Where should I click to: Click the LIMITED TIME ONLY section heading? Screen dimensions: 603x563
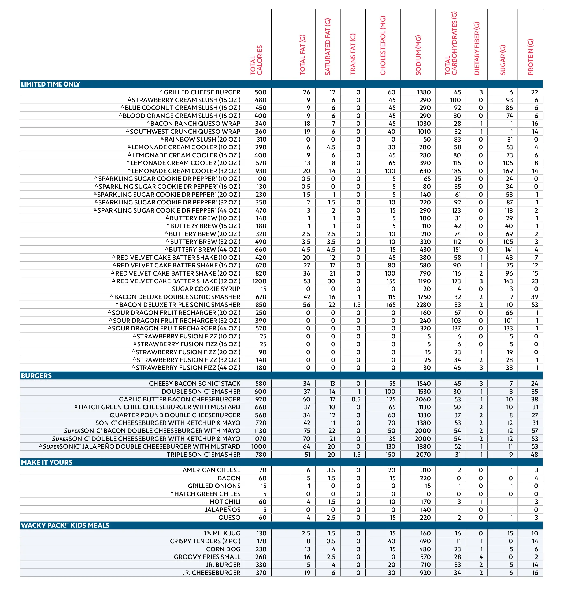tap(50, 84)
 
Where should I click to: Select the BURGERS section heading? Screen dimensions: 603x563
tap(36, 376)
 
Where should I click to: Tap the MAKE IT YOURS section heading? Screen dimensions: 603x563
tap(46, 462)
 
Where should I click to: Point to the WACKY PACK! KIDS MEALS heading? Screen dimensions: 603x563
tap(65, 525)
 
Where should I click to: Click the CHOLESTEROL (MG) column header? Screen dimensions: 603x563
tap(383, 46)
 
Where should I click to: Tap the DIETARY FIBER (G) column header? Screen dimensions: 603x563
tap(477, 49)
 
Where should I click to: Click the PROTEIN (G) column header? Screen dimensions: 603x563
tap(530, 57)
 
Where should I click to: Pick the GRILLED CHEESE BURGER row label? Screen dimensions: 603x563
tap(202, 92)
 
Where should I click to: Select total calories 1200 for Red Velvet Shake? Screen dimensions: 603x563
tap(259, 281)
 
